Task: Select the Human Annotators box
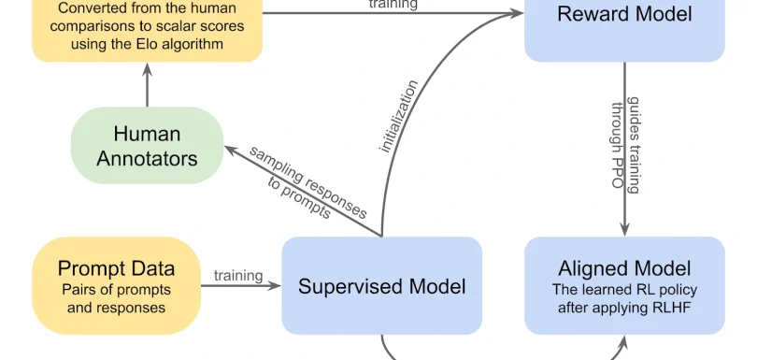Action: click(147, 145)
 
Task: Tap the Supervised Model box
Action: click(381, 285)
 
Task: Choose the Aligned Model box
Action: click(624, 285)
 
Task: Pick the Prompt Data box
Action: click(116, 285)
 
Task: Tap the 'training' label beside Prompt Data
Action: click(238, 275)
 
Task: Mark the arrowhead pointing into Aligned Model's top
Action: click(624, 231)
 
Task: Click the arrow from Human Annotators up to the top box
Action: click(147, 85)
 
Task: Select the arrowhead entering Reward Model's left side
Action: click(517, 13)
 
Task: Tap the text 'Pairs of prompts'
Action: click(117, 290)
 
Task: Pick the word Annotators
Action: click(147, 158)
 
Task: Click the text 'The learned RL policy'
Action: click(624, 290)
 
